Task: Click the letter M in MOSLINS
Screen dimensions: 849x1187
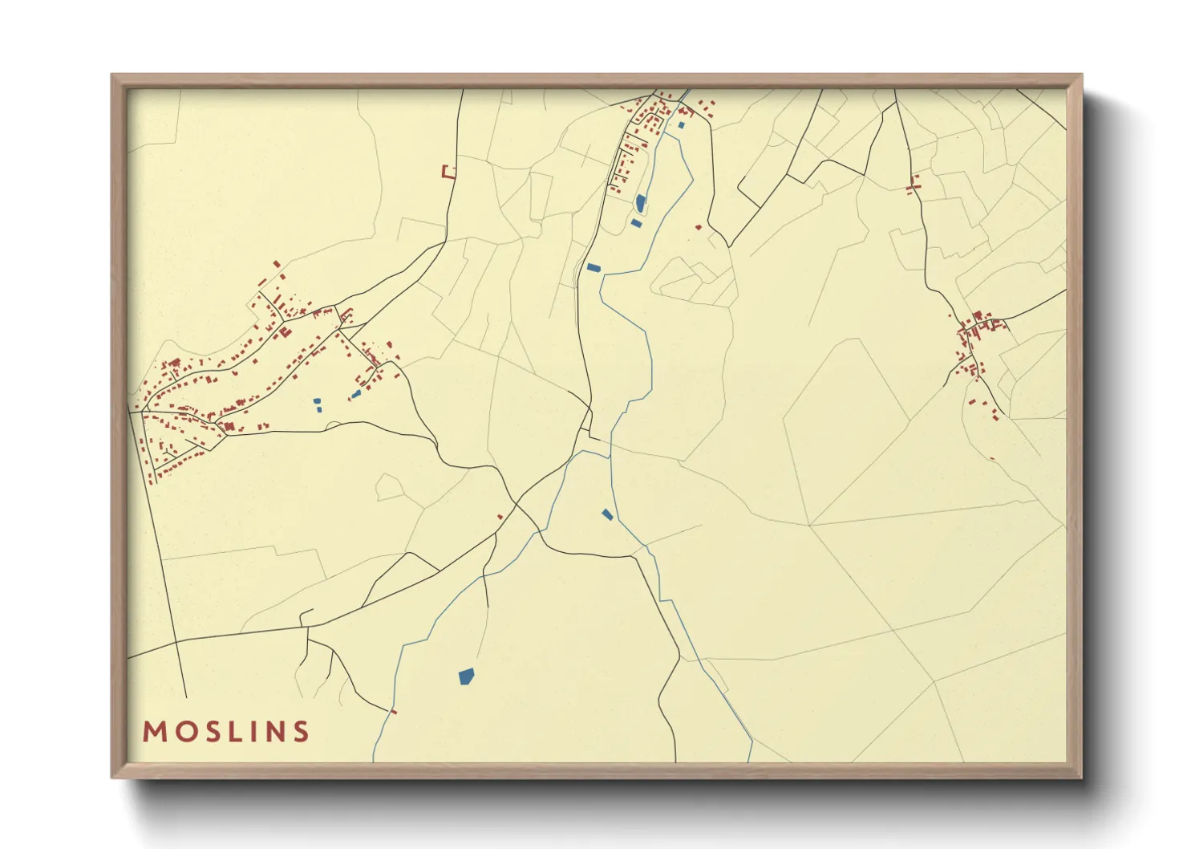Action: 155,732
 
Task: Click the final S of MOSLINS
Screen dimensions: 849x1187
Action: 301,732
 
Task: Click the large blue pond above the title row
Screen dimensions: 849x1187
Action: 465,676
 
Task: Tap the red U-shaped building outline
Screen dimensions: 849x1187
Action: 448,172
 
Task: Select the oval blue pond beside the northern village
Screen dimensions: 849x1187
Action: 640,203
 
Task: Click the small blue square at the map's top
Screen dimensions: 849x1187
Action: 681,125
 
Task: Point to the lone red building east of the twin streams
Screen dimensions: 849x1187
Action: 698,227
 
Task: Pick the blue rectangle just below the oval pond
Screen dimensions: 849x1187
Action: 636,223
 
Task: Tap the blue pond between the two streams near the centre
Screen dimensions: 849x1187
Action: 607,514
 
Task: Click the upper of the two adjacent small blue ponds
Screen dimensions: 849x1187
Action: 317,400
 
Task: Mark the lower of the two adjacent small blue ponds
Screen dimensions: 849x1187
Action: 319,409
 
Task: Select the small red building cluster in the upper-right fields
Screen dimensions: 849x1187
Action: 913,185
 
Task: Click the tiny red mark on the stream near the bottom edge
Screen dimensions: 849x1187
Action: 393,711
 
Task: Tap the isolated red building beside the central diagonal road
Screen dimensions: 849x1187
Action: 500,517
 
